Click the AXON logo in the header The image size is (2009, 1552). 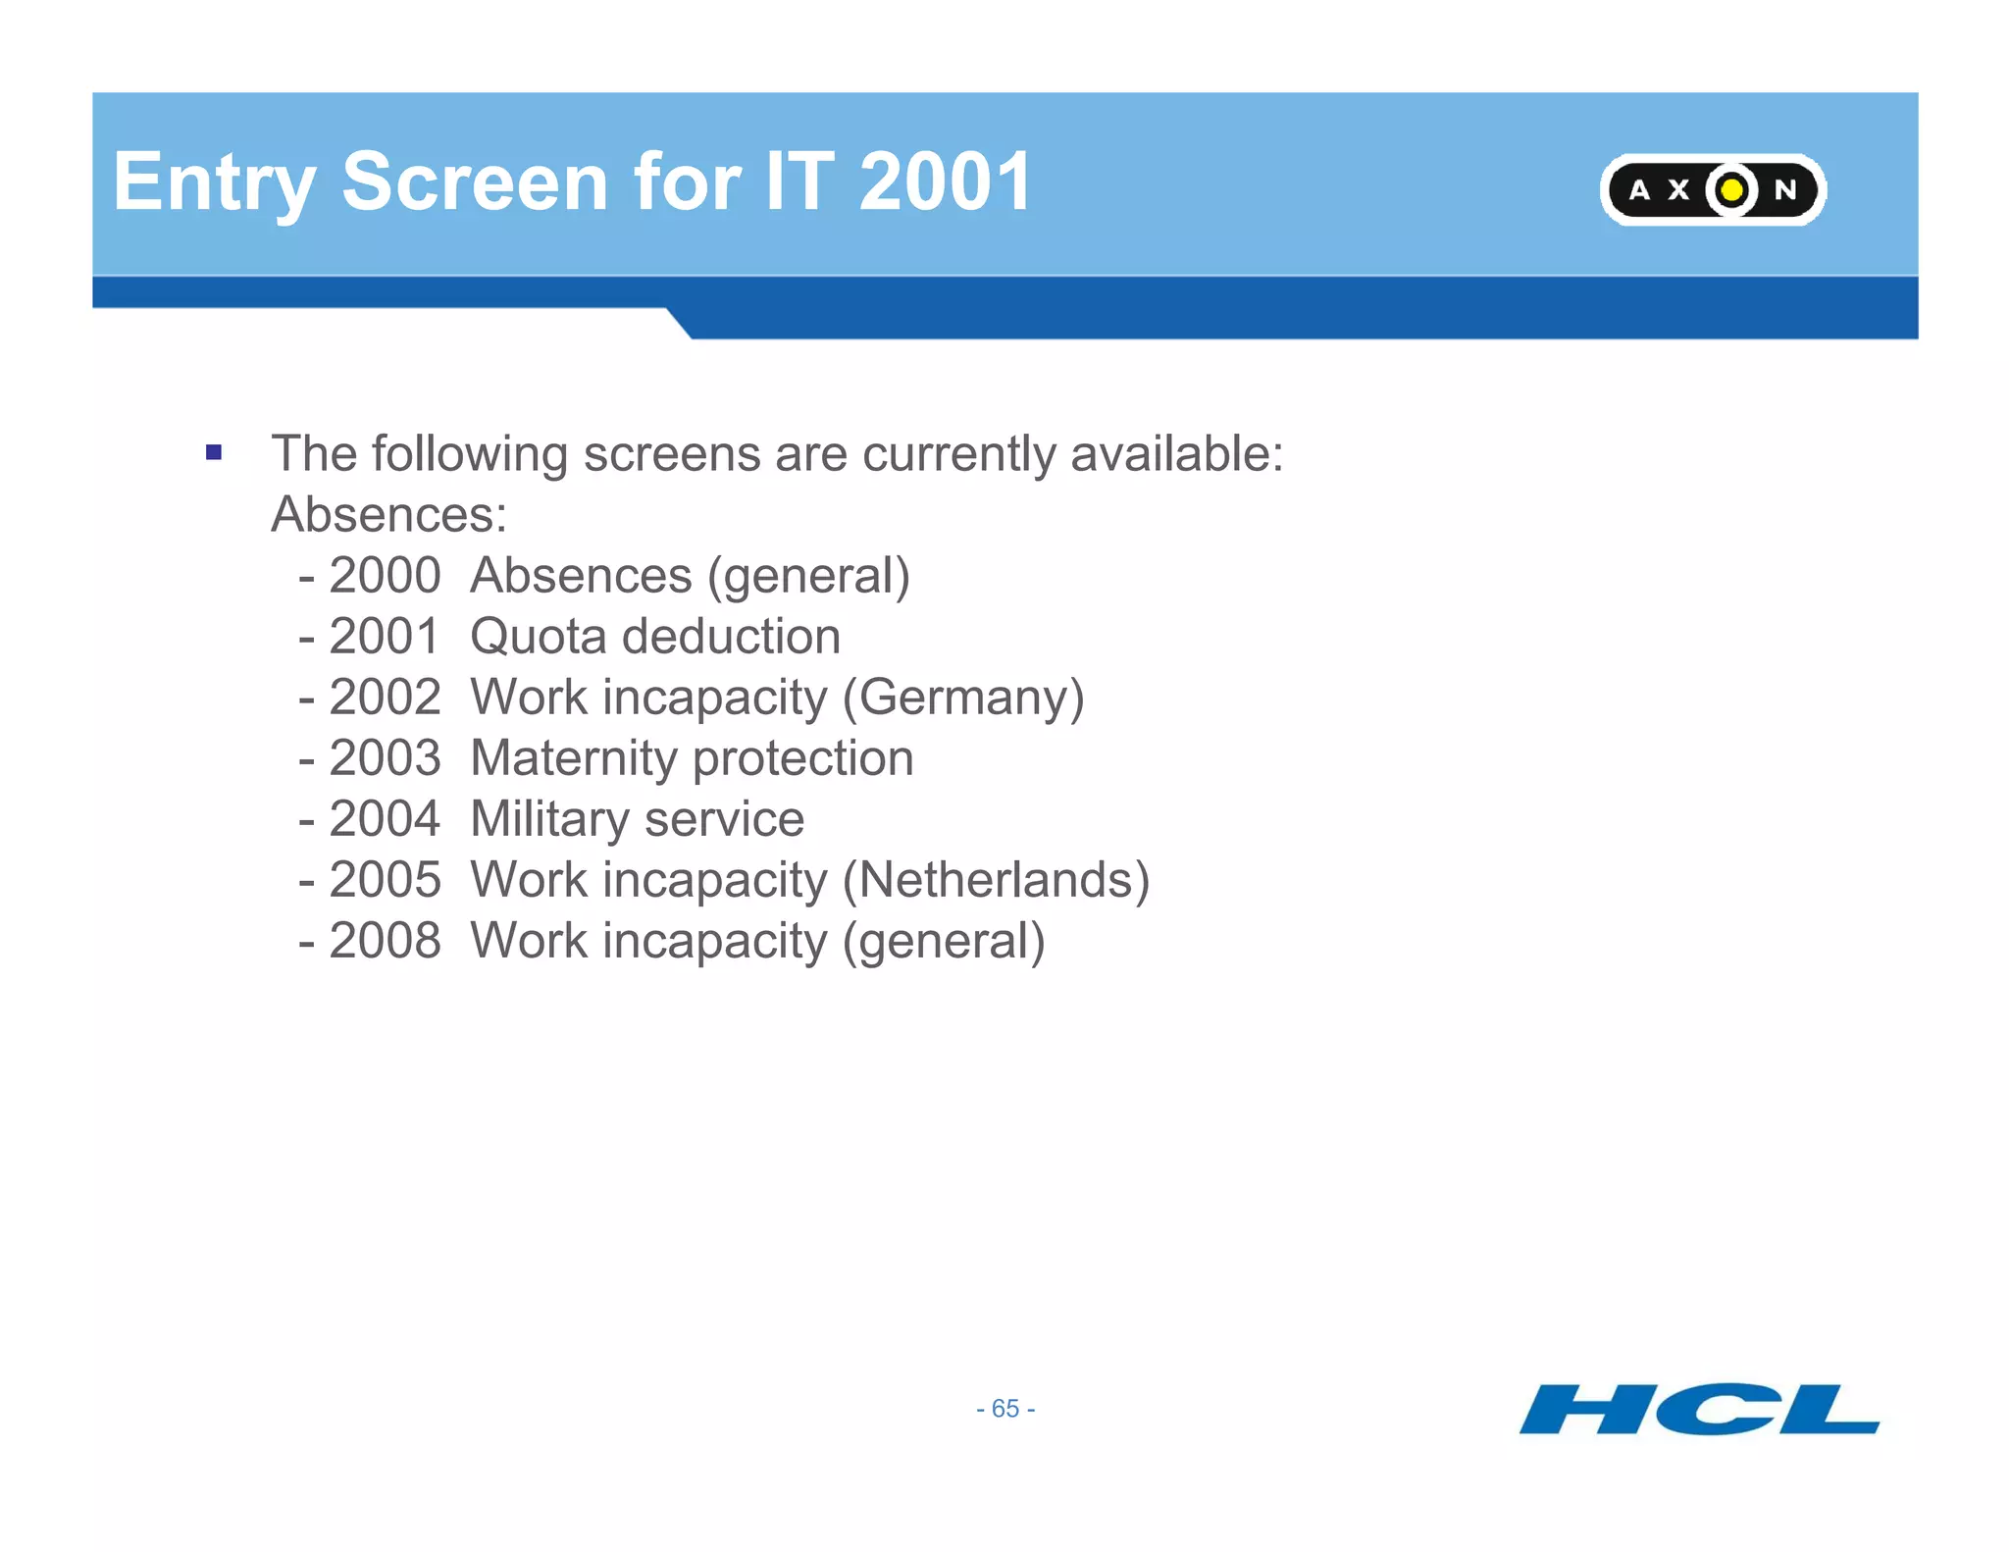point(1712,189)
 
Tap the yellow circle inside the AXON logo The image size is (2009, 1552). point(1732,189)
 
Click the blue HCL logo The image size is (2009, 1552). point(1699,1409)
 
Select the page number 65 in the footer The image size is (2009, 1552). point(1005,1409)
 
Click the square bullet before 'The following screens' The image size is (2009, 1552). point(214,453)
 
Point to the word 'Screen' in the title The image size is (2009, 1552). point(475,182)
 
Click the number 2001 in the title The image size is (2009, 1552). point(945,182)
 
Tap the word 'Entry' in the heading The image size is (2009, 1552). point(214,184)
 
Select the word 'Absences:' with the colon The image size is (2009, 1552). point(389,515)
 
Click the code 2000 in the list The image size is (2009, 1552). point(385,576)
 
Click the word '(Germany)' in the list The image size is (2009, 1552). point(963,698)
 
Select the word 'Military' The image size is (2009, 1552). point(549,820)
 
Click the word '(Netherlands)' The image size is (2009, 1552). point(996,880)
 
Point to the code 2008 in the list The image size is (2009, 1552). point(385,941)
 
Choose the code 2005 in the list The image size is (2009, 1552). point(385,880)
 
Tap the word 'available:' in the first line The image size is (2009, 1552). point(1176,454)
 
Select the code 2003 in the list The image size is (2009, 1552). point(385,758)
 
